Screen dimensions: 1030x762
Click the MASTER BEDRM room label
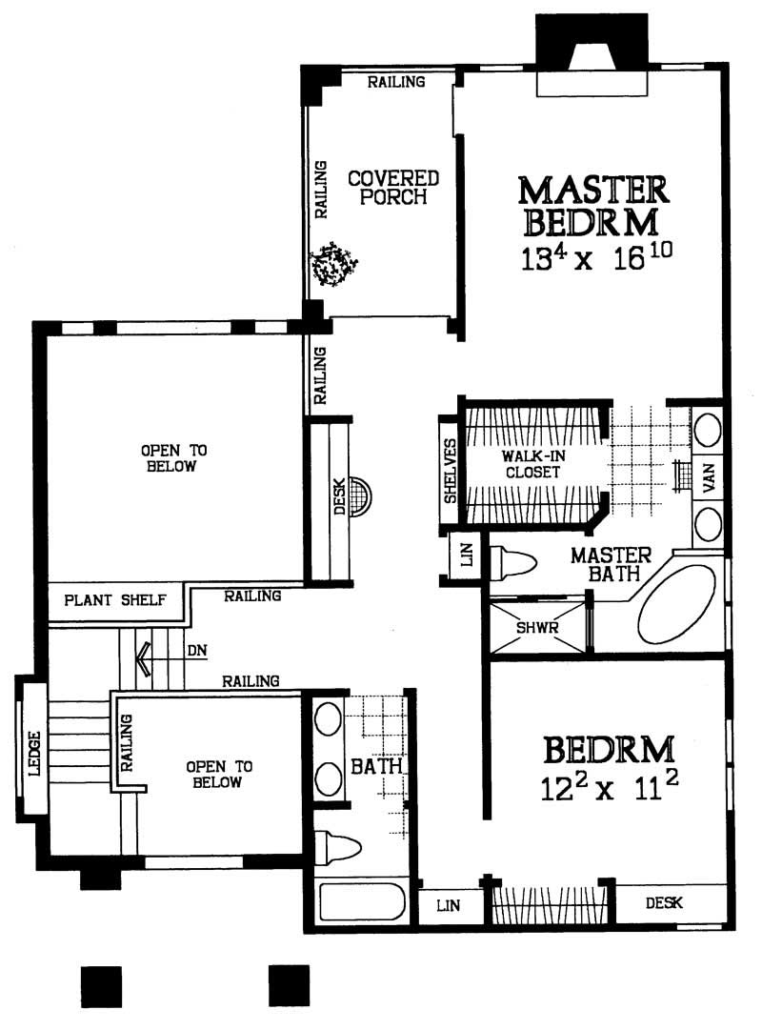tap(592, 205)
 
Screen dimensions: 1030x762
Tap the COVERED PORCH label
tap(392, 187)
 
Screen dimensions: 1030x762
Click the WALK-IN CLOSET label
tap(531, 463)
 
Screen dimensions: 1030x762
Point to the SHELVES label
tap(450, 473)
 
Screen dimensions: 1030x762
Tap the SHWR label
tap(536, 629)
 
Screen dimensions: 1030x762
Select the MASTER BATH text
tap(610, 565)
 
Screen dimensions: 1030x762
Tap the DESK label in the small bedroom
tap(665, 902)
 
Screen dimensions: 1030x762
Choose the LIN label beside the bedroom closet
tap(448, 905)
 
